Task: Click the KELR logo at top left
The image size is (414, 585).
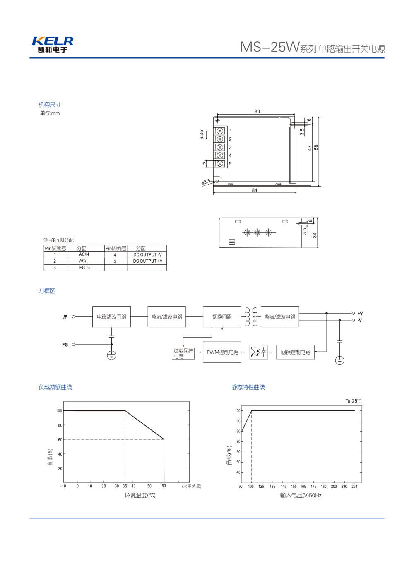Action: click(x=52, y=44)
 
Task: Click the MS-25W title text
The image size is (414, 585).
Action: click(x=270, y=47)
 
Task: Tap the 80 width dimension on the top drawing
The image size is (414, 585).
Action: click(x=257, y=111)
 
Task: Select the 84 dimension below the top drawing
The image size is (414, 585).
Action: click(x=254, y=190)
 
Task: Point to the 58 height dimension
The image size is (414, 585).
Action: click(x=316, y=147)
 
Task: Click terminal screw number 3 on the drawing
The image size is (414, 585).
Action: click(x=220, y=147)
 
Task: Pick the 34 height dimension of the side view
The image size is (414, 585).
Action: click(x=315, y=235)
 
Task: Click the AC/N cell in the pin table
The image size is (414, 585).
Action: click(x=84, y=254)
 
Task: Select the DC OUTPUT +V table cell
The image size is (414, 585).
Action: click(x=147, y=261)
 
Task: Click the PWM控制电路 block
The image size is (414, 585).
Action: click(x=222, y=352)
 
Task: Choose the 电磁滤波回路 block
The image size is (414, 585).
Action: click(x=111, y=317)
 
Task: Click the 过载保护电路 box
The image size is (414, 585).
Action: click(x=183, y=353)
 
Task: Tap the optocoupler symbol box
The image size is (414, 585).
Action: click(x=259, y=352)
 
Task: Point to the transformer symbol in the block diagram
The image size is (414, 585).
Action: click(x=251, y=317)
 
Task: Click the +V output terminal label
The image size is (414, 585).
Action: click(x=360, y=314)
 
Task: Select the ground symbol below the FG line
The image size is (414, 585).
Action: click(x=111, y=355)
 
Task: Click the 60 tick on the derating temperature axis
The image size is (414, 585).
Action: click(x=164, y=486)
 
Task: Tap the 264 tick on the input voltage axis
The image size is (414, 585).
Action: click(x=354, y=487)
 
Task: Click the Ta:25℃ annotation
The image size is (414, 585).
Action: click(x=354, y=401)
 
